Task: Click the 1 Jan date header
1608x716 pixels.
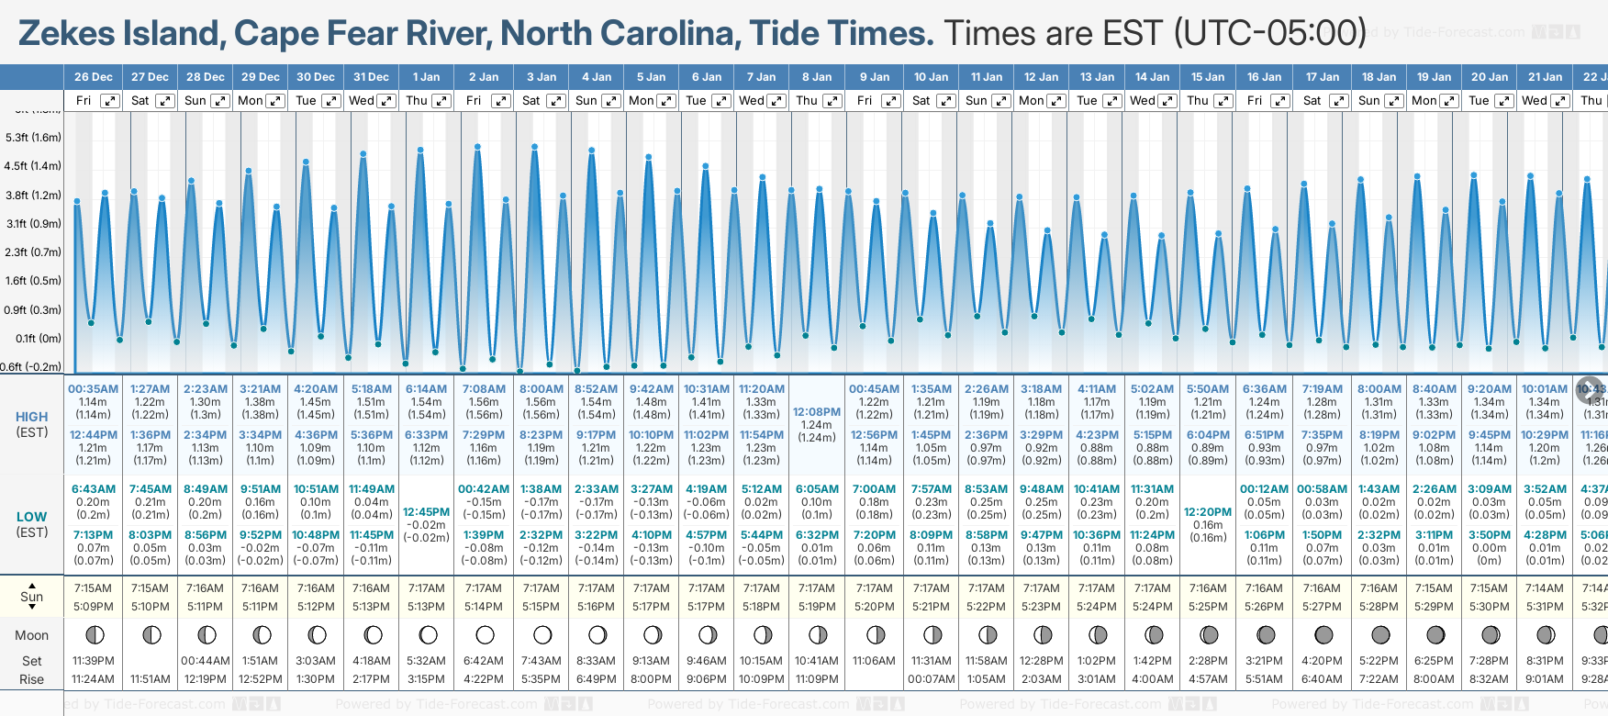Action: pyautogui.click(x=426, y=77)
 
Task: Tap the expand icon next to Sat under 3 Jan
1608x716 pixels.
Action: pyautogui.click(x=556, y=101)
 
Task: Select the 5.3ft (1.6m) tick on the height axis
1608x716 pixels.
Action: pyautogui.click(x=33, y=138)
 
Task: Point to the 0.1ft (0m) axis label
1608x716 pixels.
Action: pyautogui.click(x=39, y=339)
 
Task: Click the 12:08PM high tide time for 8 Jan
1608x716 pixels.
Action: pyautogui.click(x=817, y=412)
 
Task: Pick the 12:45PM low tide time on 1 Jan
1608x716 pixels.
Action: pyautogui.click(x=427, y=512)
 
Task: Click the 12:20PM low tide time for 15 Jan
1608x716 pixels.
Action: pyautogui.click(x=1208, y=512)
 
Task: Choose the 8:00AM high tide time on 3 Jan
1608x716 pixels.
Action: pyautogui.click(x=542, y=389)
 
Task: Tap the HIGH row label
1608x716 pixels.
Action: pyautogui.click(x=32, y=417)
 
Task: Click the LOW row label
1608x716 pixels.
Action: pyautogui.click(x=32, y=517)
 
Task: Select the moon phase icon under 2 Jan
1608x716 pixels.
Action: pyautogui.click(x=486, y=634)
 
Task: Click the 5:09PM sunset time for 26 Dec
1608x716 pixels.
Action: pyautogui.click(x=94, y=607)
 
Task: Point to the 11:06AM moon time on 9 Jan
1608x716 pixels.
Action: pyautogui.click(x=874, y=661)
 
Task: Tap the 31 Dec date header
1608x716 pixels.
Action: pyautogui.click(x=371, y=77)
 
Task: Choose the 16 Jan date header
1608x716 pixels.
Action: pyautogui.click(x=1264, y=77)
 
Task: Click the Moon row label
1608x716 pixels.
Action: pyautogui.click(x=32, y=635)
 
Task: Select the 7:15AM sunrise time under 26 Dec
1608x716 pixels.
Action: pyautogui.click(x=94, y=588)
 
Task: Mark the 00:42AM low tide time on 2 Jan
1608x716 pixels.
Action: pyautogui.click(x=484, y=489)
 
